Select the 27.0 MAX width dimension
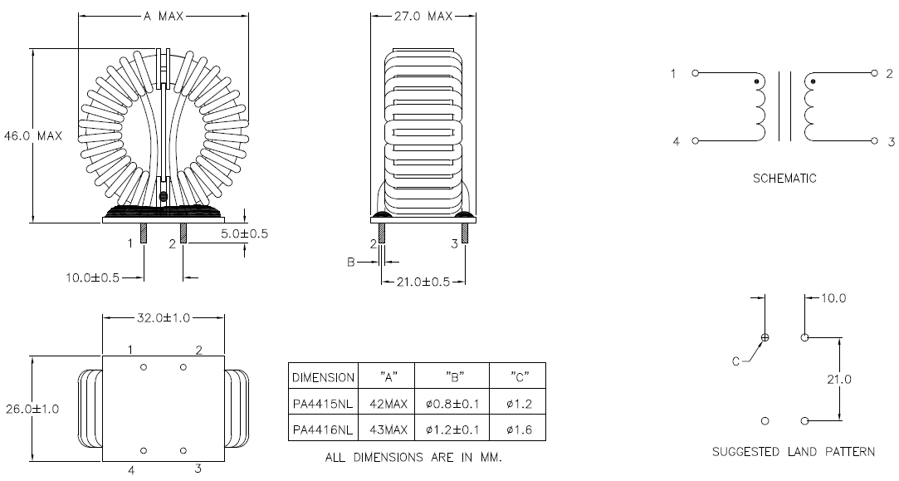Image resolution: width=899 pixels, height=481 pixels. click(x=423, y=16)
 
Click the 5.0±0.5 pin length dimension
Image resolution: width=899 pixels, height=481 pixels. click(x=245, y=233)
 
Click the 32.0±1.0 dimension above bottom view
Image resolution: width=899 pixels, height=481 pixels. click(x=164, y=317)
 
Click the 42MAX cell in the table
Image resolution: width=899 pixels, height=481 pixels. click(x=386, y=403)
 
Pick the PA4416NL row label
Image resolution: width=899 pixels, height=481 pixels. click(x=323, y=429)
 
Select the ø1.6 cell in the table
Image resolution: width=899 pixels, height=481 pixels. click(x=517, y=429)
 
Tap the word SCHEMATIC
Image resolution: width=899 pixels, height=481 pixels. click(x=784, y=178)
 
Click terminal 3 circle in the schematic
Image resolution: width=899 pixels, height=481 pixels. click(x=874, y=141)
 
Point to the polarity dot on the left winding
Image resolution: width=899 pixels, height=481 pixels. click(x=755, y=82)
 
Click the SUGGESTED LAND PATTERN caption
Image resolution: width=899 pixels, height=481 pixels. click(x=793, y=452)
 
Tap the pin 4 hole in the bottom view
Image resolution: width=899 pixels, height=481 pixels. click(x=144, y=450)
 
